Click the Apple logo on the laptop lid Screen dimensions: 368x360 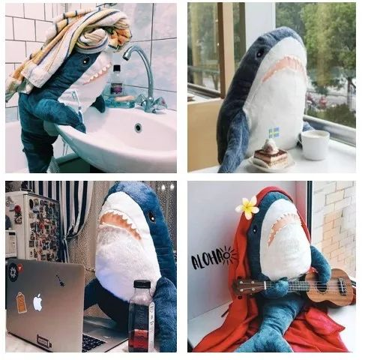point(37,303)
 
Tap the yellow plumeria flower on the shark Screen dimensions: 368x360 point(247,207)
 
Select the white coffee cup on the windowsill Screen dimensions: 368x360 point(315,144)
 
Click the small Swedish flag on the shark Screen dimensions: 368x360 point(274,133)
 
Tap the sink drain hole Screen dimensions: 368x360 point(138,127)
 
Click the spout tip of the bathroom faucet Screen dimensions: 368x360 point(126,56)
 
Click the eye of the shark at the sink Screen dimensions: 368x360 point(86,61)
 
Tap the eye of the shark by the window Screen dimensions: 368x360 point(260,53)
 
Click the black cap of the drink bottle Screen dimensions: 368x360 point(142,285)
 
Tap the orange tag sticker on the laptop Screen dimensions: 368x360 point(21,303)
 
